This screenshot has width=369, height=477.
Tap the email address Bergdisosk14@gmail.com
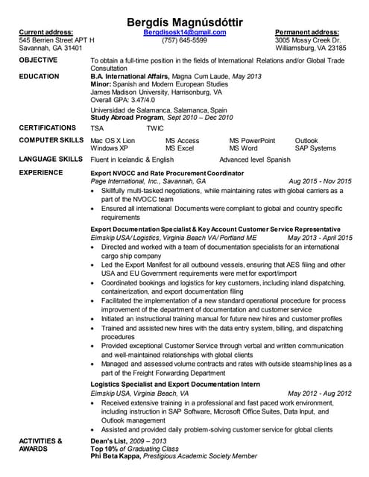[x=184, y=33]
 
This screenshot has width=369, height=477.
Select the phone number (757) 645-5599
[x=184, y=40]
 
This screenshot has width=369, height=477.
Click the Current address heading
[x=46, y=33]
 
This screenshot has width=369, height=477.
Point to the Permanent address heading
[x=307, y=33]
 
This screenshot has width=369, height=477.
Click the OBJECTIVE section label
[x=41, y=59]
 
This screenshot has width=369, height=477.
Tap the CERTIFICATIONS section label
[x=48, y=127]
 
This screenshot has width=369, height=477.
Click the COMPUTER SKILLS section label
[x=51, y=140]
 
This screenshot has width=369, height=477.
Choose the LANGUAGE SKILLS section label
[x=51, y=159]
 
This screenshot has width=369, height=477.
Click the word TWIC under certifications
[x=155, y=128]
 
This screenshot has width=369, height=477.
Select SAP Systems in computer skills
[x=315, y=148]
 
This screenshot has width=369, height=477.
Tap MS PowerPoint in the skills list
[x=252, y=141]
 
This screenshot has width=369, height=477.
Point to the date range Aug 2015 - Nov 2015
[x=320, y=181]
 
